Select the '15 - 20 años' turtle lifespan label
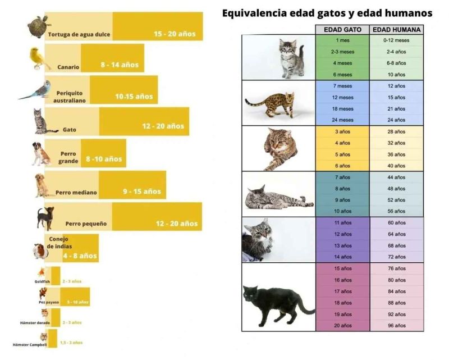point(175,34)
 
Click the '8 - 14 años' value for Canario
point(120,65)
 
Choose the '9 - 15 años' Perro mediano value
point(141,192)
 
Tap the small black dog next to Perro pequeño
point(44,218)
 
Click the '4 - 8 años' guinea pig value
point(80,256)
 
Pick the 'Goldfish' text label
point(43,281)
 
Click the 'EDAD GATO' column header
point(342,30)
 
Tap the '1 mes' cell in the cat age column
point(342,40)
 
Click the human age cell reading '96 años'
point(396,326)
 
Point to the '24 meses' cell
point(342,120)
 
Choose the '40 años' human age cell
point(396,166)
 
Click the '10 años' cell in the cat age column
point(342,211)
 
